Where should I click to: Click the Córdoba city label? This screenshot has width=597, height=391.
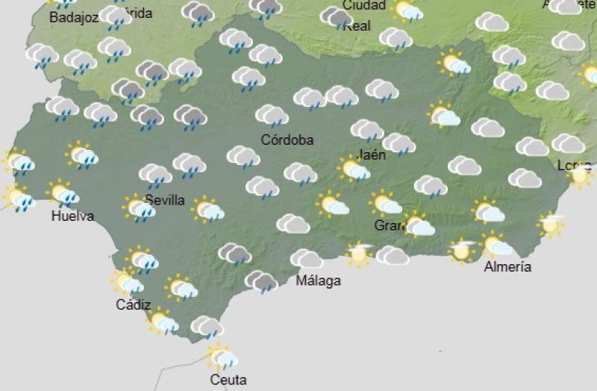287,140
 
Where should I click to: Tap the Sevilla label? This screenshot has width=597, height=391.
164,199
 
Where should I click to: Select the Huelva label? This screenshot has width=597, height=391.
72,216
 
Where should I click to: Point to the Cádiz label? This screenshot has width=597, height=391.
134,304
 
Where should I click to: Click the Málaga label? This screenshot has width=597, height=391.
318,281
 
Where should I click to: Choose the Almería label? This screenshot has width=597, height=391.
507,266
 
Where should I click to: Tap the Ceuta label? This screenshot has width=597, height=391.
228,380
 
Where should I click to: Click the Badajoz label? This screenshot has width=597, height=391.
73,17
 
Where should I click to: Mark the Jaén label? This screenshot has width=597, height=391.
372,155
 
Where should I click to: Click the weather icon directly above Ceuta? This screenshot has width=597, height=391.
222,357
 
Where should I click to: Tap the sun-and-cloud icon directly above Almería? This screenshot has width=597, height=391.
496,245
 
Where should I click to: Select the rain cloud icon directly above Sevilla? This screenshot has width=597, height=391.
155,176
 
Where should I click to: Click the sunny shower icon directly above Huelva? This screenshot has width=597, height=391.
64,194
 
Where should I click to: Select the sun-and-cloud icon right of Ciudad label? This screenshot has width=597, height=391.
407,10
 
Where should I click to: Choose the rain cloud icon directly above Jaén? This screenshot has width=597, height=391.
366,131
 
